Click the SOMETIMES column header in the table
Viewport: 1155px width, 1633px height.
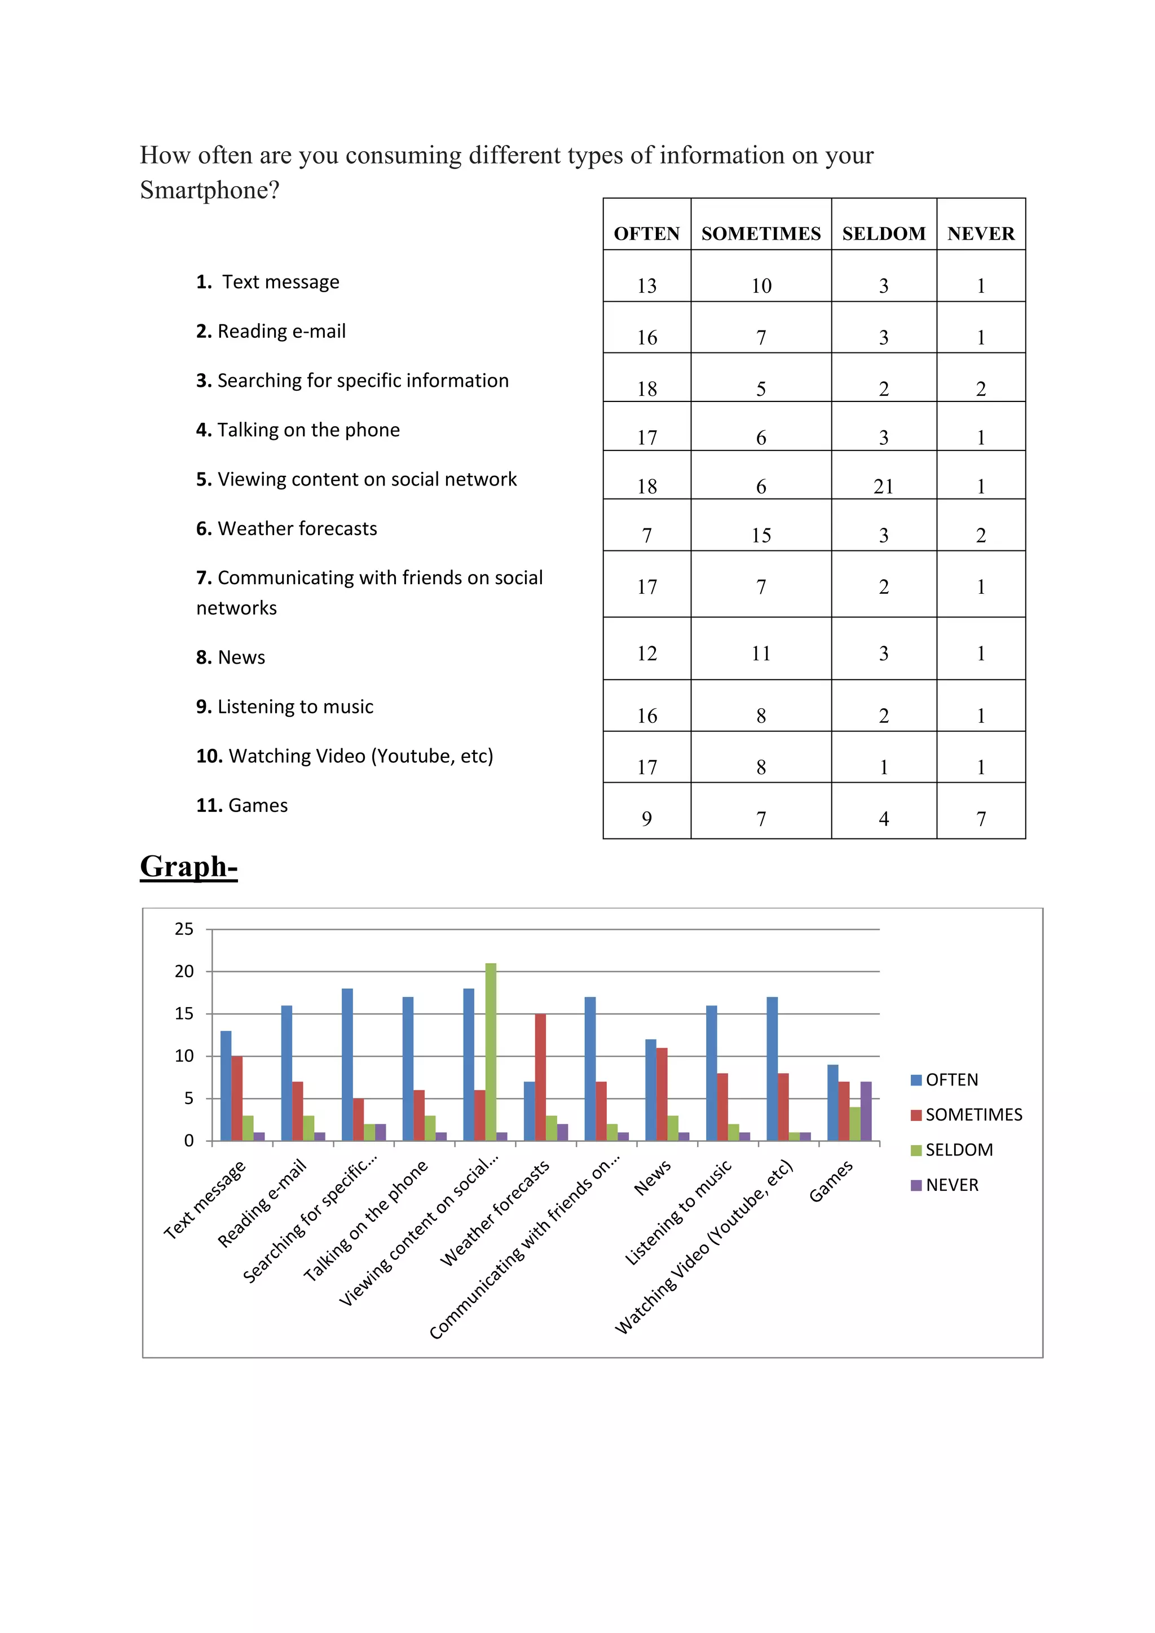760,233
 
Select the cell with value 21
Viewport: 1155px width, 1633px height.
883,487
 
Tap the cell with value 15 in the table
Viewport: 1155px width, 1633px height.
760,535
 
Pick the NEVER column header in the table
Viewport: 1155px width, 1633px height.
981,233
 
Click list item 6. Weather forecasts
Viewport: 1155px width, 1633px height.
286,528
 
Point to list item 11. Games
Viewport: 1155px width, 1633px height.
242,805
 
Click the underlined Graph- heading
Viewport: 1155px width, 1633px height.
188,866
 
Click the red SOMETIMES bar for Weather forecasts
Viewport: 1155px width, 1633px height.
540,1077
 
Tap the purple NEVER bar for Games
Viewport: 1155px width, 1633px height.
866,1111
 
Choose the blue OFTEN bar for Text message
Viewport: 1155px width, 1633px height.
226,1085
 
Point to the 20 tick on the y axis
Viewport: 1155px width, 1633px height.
184,972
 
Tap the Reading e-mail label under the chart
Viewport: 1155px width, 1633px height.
262,1202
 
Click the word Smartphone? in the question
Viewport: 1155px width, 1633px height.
210,190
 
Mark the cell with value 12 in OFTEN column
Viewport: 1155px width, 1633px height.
646,653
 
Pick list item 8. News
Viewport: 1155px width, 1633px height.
231,657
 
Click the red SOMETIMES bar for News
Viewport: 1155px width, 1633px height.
662,1094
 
